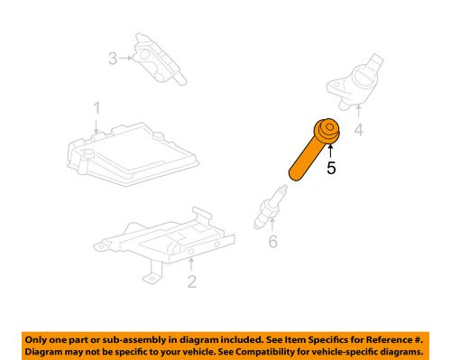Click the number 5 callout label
tap(331, 167)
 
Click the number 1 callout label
tap(96, 111)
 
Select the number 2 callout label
tap(192, 282)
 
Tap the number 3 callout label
tap(113, 60)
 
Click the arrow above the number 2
tap(192, 264)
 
